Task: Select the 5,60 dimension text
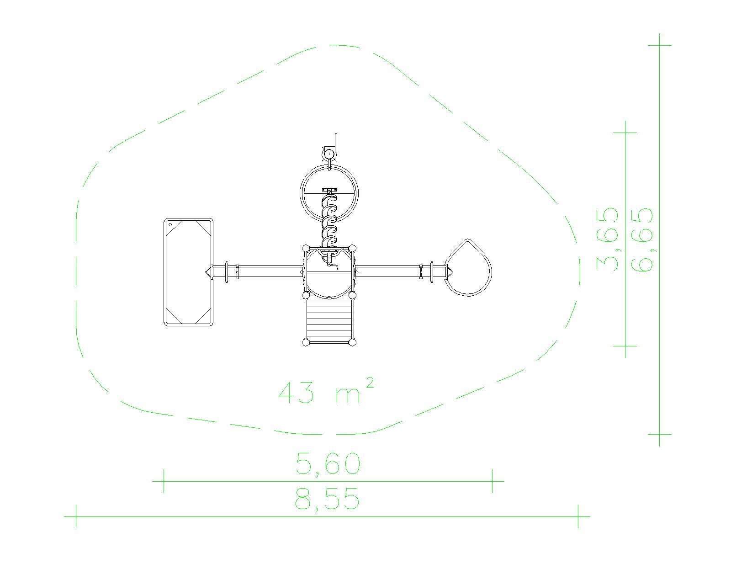328,463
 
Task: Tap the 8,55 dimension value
327,500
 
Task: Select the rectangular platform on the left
189,272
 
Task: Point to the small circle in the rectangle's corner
170,225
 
